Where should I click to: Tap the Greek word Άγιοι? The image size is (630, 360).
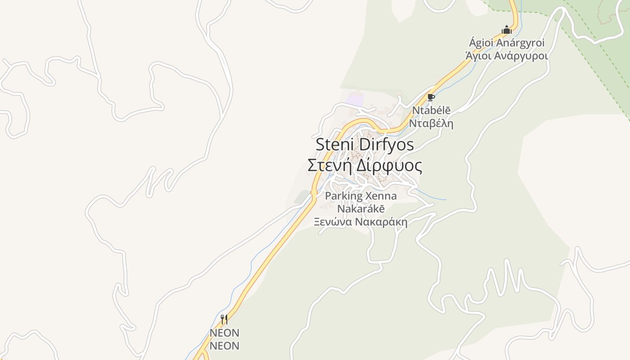tap(478, 56)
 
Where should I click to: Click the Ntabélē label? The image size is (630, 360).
tap(431, 111)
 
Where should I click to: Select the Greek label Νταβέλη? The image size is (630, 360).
tap(431, 123)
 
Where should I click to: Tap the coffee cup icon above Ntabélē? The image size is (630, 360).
tap(431, 98)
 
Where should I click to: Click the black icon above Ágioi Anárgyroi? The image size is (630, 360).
tap(507, 30)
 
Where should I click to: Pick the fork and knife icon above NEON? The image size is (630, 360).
tap(224, 319)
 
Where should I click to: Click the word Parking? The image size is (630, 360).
tap(343, 196)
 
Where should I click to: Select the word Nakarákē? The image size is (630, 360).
tap(361, 209)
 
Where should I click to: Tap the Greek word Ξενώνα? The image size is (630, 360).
tap(333, 222)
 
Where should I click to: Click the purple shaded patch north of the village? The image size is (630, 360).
tap(355, 99)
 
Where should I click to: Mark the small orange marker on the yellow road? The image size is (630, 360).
tap(314, 192)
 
